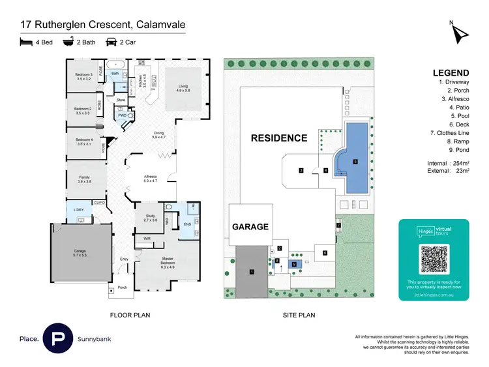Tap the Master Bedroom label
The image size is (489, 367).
click(163, 264)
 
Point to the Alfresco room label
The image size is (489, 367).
click(151, 179)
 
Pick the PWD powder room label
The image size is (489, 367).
click(122, 115)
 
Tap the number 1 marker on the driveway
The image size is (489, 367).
click(251, 272)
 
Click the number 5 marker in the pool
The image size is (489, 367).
click(355, 162)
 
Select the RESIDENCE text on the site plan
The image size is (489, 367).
click(280, 138)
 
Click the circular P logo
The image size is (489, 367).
click(57, 339)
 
